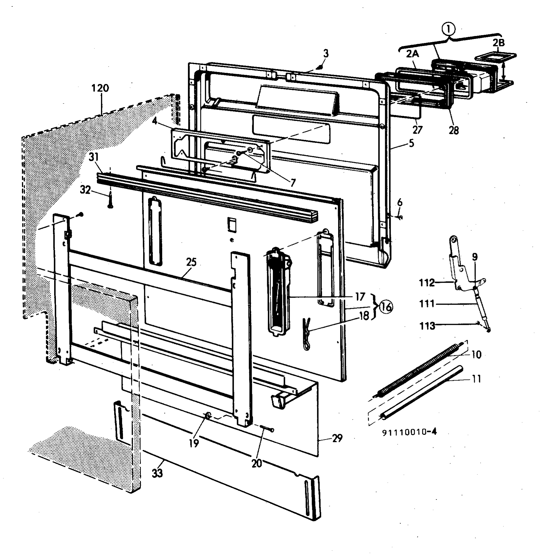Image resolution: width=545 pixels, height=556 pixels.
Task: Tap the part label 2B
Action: coord(498,43)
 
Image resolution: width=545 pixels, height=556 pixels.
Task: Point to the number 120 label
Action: coord(100,88)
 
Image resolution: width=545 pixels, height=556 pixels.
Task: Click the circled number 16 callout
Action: coord(386,307)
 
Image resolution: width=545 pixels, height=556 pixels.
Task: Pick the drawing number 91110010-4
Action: coord(409,432)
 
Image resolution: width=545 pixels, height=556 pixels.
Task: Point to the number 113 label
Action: coord(427,326)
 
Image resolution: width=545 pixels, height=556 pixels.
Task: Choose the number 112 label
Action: coord(427,283)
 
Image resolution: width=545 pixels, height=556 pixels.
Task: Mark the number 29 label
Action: coord(337,438)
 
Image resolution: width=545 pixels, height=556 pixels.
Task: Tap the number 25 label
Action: coord(191,262)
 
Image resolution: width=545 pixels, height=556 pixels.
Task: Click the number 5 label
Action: coord(411,143)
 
